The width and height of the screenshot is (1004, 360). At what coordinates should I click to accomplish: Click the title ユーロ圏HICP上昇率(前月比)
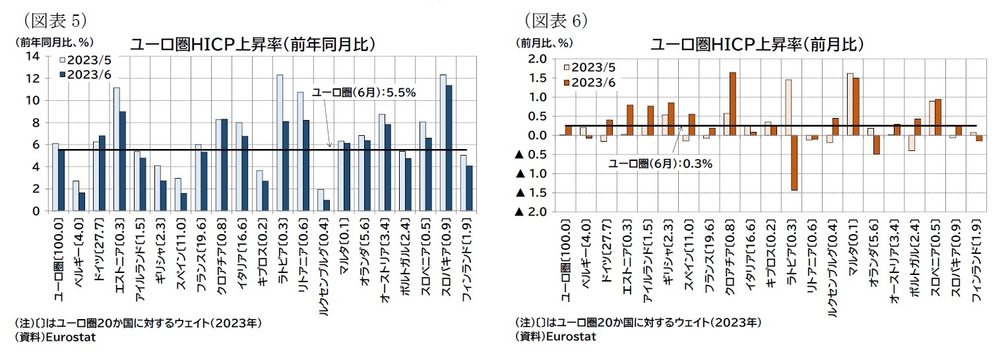coord(757,44)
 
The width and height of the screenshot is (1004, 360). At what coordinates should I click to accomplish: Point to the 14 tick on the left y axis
coord(32,56)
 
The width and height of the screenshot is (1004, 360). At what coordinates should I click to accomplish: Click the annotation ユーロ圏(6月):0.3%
coord(660,164)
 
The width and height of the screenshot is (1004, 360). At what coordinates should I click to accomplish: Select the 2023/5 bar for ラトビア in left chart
coord(280,142)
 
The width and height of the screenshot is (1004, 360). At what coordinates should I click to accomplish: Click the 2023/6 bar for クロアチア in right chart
coord(732,104)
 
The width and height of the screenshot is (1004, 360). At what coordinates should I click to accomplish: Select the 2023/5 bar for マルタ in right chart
coord(850,104)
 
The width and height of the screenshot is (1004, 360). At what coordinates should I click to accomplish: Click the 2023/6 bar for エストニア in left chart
coord(122,161)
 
